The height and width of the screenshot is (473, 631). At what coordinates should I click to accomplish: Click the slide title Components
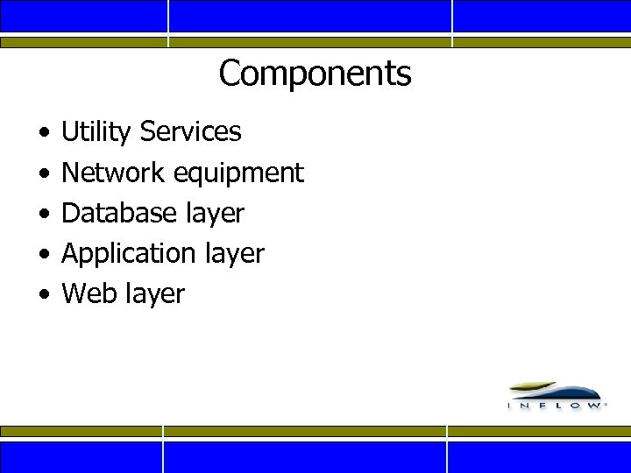tap(315, 74)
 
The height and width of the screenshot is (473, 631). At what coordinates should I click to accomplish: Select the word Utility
tap(97, 132)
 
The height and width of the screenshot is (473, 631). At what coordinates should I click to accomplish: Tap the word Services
tap(190, 132)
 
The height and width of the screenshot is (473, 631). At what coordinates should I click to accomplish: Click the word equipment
tap(238, 173)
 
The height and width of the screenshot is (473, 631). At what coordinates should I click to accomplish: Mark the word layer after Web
tap(155, 294)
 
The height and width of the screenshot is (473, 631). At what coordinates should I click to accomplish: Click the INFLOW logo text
tap(556, 406)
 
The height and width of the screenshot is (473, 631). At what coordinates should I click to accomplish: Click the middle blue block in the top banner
tap(309, 16)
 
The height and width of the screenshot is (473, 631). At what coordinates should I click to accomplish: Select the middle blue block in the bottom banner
tap(305, 456)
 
